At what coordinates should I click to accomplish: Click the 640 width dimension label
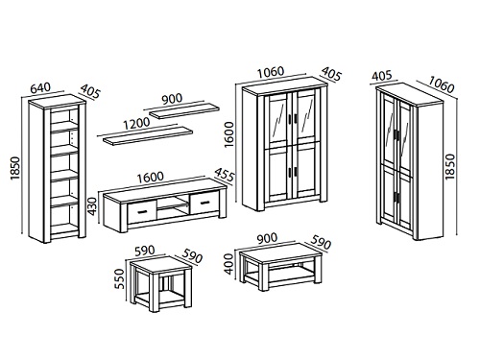pos(40,87)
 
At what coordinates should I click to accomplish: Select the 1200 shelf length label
pos(136,124)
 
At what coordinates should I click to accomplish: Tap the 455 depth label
pos(225,176)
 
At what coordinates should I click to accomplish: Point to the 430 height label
pos(92,206)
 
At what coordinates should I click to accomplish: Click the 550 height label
pos(119,278)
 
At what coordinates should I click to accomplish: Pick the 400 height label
pos(229,264)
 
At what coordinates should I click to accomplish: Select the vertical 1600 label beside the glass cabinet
pos(229,133)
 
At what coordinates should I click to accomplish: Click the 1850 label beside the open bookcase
pos(15,168)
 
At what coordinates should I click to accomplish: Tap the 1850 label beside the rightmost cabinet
pos(449,166)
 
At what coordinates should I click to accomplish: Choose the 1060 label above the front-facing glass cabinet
pos(271,72)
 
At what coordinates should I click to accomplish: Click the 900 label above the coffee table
pos(267,238)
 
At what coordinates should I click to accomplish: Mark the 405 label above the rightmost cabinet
pos(382,76)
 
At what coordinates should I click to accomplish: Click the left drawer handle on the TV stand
pos(141,211)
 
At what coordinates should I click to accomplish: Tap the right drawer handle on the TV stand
pos(205,202)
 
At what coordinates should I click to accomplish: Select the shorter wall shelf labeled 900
pos(184,110)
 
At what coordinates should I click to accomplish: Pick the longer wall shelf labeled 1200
pos(148,135)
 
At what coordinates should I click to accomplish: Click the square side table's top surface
pos(161,264)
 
